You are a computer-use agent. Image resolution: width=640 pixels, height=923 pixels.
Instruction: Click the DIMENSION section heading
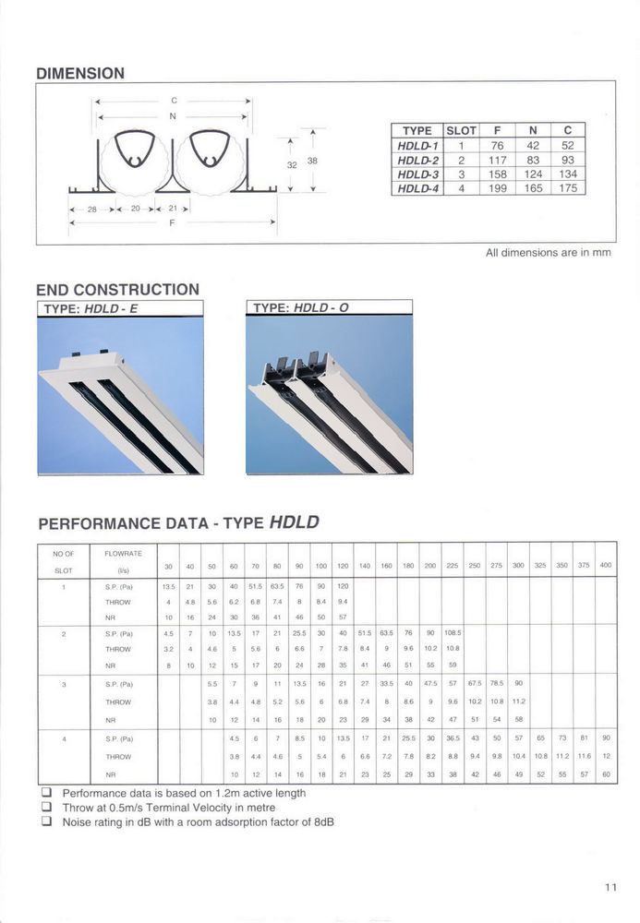[x=79, y=72]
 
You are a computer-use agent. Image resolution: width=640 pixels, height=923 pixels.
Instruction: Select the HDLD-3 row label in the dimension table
[x=417, y=173]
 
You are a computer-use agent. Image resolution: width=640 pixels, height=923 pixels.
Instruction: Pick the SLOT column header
[x=461, y=131]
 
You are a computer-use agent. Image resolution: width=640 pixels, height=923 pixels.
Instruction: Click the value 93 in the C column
[x=567, y=159]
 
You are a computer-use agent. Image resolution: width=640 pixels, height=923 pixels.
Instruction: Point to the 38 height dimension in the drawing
[x=312, y=161]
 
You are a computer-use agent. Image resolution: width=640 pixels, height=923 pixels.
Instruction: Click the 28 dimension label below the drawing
[x=91, y=210]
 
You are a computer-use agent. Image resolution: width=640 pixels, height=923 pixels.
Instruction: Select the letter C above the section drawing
[x=174, y=98]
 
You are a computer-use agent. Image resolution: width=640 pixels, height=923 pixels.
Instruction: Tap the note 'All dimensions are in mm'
[x=548, y=252]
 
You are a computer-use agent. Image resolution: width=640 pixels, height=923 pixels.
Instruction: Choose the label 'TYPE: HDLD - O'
[x=301, y=308]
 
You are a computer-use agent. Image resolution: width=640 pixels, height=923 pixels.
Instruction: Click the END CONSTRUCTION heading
[x=117, y=289]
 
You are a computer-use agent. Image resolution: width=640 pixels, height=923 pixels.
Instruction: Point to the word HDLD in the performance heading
[x=294, y=522]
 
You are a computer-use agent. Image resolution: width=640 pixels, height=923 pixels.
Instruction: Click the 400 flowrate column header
[x=606, y=564]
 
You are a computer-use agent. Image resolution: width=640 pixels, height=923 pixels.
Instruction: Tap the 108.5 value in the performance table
[x=452, y=632]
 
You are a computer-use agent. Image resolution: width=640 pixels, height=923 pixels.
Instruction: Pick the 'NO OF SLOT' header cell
[x=63, y=562]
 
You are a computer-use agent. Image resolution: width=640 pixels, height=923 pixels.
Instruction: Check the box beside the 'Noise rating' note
[x=45, y=822]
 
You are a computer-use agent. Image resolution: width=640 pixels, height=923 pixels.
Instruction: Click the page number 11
[x=610, y=887]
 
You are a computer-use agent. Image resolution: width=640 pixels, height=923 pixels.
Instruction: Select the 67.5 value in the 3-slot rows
[x=474, y=684]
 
